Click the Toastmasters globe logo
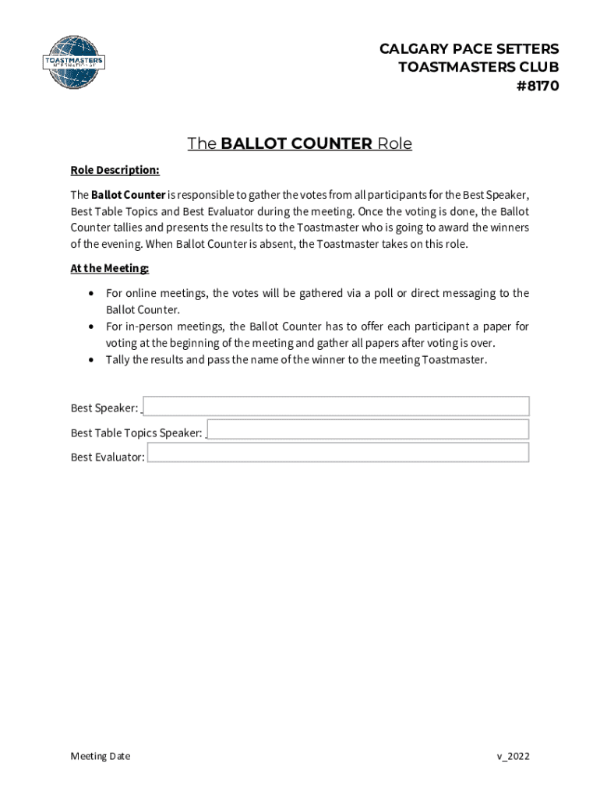[72, 62]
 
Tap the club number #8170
[537, 86]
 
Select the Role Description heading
[115, 170]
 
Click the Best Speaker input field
[337, 406]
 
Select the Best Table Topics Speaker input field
[368, 429]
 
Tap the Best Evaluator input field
[338, 453]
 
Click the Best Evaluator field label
[108, 457]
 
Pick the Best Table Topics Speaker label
[136, 433]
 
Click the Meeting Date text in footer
[101, 756]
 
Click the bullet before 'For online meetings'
[93, 294]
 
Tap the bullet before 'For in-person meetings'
[93, 327]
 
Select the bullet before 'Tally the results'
[93, 360]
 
